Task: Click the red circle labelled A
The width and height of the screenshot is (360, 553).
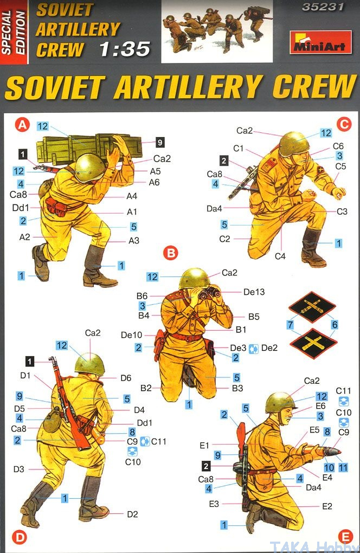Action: (22, 125)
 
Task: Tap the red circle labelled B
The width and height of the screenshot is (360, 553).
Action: (171, 253)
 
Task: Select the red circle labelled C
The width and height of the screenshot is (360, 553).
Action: (344, 124)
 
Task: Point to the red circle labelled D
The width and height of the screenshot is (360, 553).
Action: (19, 537)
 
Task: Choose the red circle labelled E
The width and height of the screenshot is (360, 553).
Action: (345, 537)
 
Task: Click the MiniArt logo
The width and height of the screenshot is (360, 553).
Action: (320, 42)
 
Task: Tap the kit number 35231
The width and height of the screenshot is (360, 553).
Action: (323, 7)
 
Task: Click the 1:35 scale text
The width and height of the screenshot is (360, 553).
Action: (125, 49)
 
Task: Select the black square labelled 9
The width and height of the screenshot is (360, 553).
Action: (160, 142)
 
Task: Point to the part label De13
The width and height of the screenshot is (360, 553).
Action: (254, 292)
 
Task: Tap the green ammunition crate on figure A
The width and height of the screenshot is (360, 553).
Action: (88, 148)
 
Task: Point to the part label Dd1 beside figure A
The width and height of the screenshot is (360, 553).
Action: (21, 208)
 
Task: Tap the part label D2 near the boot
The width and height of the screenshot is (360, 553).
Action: (132, 514)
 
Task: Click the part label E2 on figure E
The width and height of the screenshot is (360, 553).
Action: (327, 506)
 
